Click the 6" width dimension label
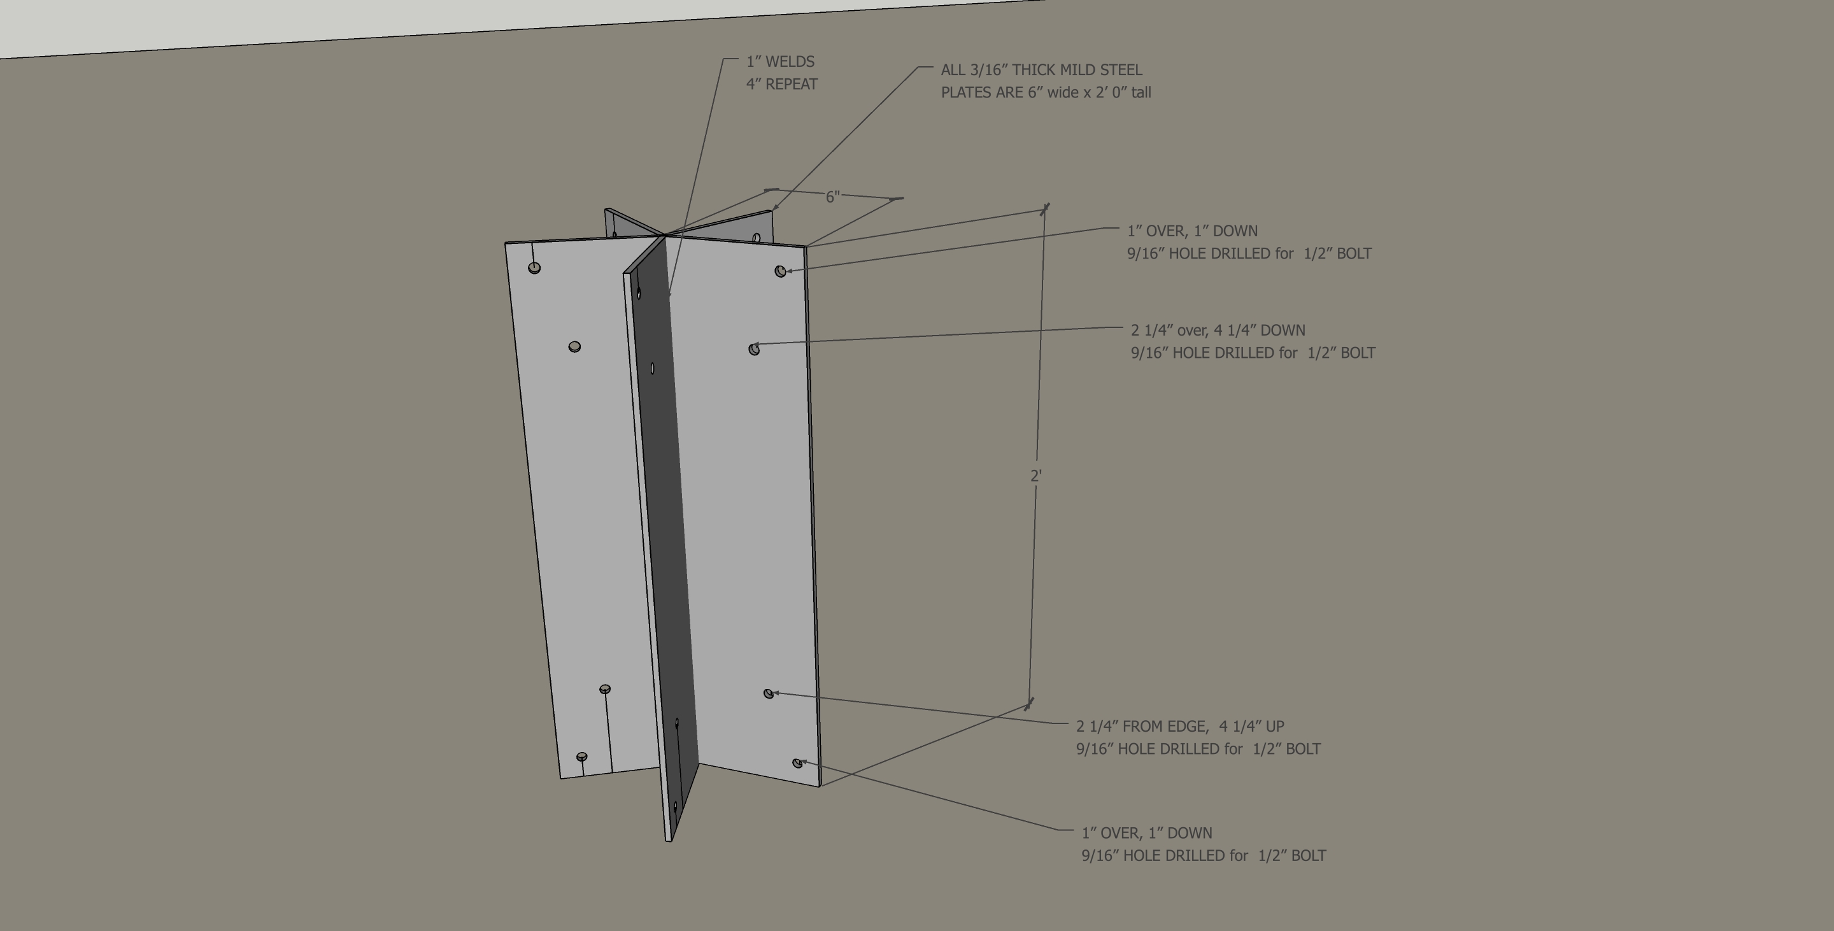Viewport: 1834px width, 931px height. [x=832, y=196]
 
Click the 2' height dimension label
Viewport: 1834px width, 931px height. [x=1036, y=476]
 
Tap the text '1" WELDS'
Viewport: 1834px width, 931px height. [x=780, y=62]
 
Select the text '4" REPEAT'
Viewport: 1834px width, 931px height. [x=782, y=84]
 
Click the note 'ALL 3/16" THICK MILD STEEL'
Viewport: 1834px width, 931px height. [x=1041, y=70]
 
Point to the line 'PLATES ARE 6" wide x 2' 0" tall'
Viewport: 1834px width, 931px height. [x=1045, y=92]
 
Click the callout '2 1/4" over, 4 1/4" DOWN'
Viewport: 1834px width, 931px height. [x=1218, y=330]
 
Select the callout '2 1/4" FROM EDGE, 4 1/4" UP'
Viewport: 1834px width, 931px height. [x=1180, y=726]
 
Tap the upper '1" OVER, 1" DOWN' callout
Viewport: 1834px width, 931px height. [x=1192, y=231]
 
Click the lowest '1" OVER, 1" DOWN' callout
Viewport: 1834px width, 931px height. [x=1146, y=833]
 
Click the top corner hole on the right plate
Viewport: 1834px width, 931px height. [x=780, y=271]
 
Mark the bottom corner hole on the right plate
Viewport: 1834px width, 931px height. [x=797, y=763]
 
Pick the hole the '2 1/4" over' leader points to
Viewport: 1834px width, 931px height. [x=754, y=349]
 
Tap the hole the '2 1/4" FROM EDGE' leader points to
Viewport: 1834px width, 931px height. [x=768, y=693]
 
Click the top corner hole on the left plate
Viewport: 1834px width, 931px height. [x=535, y=267]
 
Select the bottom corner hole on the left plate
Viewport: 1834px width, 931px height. [x=581, y=756]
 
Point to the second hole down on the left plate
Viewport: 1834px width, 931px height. [x=574, y=346]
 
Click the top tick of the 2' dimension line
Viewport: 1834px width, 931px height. [x=1044, y=208]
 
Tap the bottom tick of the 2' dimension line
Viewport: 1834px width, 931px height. [x=1029, y=705]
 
